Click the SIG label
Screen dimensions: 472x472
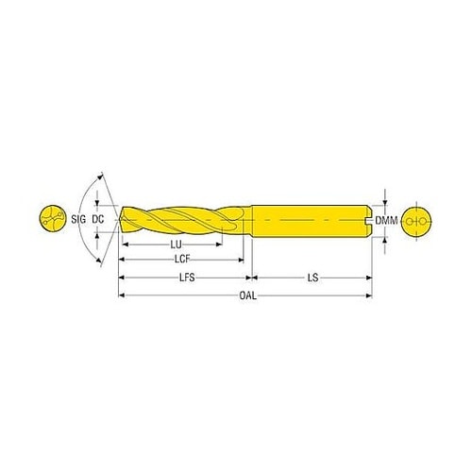(78, 219)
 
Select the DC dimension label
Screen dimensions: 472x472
(98, 219)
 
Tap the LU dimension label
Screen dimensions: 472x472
(177, 244)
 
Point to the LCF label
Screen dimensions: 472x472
(182, 260)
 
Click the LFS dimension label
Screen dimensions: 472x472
(187, 278)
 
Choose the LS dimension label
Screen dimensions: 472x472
(313, 278)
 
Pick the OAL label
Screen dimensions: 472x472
(248, 295)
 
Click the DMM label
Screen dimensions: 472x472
(386, 221)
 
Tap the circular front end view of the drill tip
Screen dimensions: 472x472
(53, 219)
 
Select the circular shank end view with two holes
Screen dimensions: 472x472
(417, 221)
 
